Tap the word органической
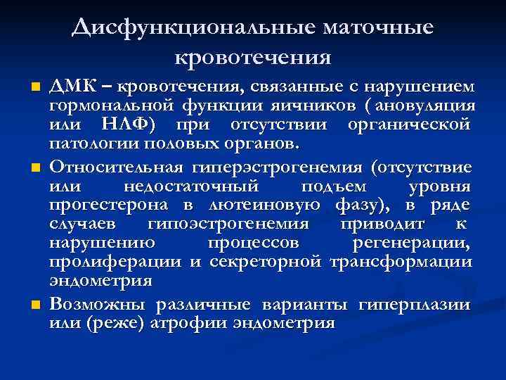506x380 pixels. [408, 125]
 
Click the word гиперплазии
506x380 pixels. [414, 305]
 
